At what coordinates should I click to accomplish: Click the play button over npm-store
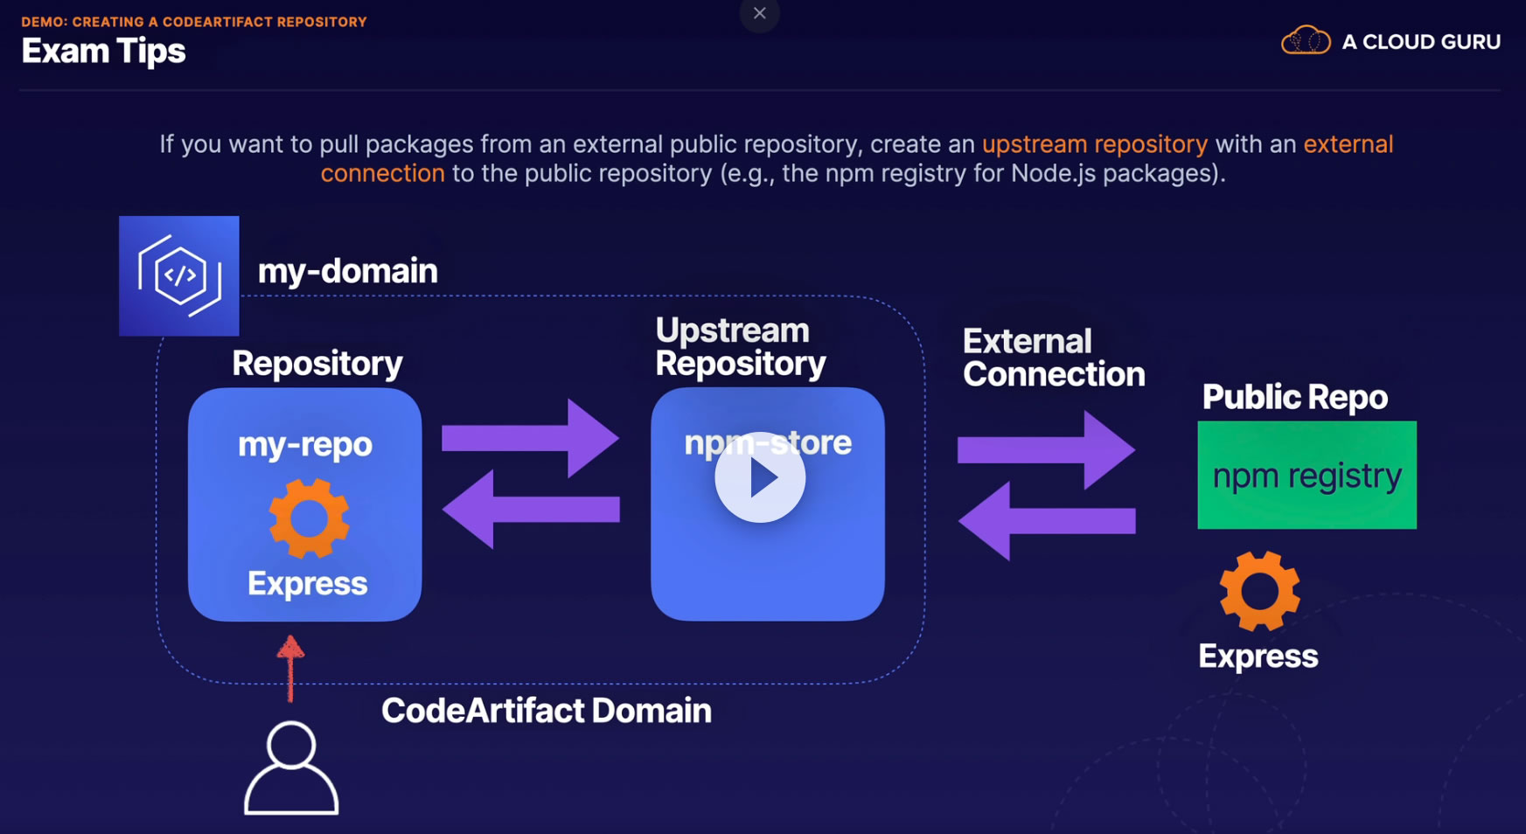pyautogui.click(x=760, y=477)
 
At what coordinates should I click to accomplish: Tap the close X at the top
pyautogui.click(x=759, y=13)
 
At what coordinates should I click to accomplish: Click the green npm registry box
pyautogui.click(x=1307, y=475)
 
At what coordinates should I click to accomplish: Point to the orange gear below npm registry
pyautogui.click(x=1259, y=591)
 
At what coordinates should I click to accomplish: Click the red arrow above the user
pyautogui.click(x=290, y=667)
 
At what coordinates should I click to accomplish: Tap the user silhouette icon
pyautogui.click(x=291, y=768)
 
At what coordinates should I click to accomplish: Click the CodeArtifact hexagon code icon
pyautogui.click(x=179, y=275)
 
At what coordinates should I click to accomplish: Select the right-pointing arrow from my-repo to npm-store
pyautogui.click(x=530, y=437)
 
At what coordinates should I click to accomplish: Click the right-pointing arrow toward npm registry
pyautogui.click(x=1046, y=449)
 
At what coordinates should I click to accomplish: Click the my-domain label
pyautogui.click(x=347, y=271)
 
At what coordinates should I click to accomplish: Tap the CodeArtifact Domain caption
pyautogui.click(x=546, y=711)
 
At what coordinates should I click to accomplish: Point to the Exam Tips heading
pyautogui.click(x=103, y=52)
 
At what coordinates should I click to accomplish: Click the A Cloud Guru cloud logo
pyautogui.click(x=1306, y=40)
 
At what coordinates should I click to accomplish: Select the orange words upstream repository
pyautogui.click(x=1094, y=144)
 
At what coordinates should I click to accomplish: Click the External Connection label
pyautogui.click(x=1053, y=358)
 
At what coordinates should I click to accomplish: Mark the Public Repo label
pyautogui.click(x=1294, y=397)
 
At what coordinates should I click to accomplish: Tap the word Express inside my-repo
pyautogui.click(x=307, y=583)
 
